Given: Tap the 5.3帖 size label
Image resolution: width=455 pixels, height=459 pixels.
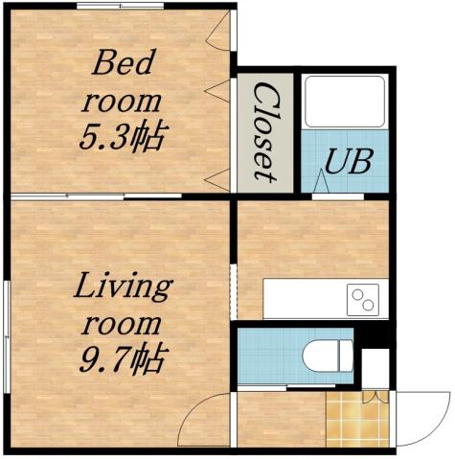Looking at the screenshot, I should click(122, 135).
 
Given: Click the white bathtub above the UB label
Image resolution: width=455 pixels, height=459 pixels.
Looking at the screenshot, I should click(344, 102).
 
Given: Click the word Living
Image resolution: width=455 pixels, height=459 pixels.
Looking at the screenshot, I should click(123, 287).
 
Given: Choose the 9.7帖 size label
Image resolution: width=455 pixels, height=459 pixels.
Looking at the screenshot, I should click(122, 360).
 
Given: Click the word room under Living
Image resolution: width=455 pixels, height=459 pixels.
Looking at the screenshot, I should click(123, 323).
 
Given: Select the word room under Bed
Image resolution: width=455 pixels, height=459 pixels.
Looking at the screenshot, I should click(122, 100).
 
